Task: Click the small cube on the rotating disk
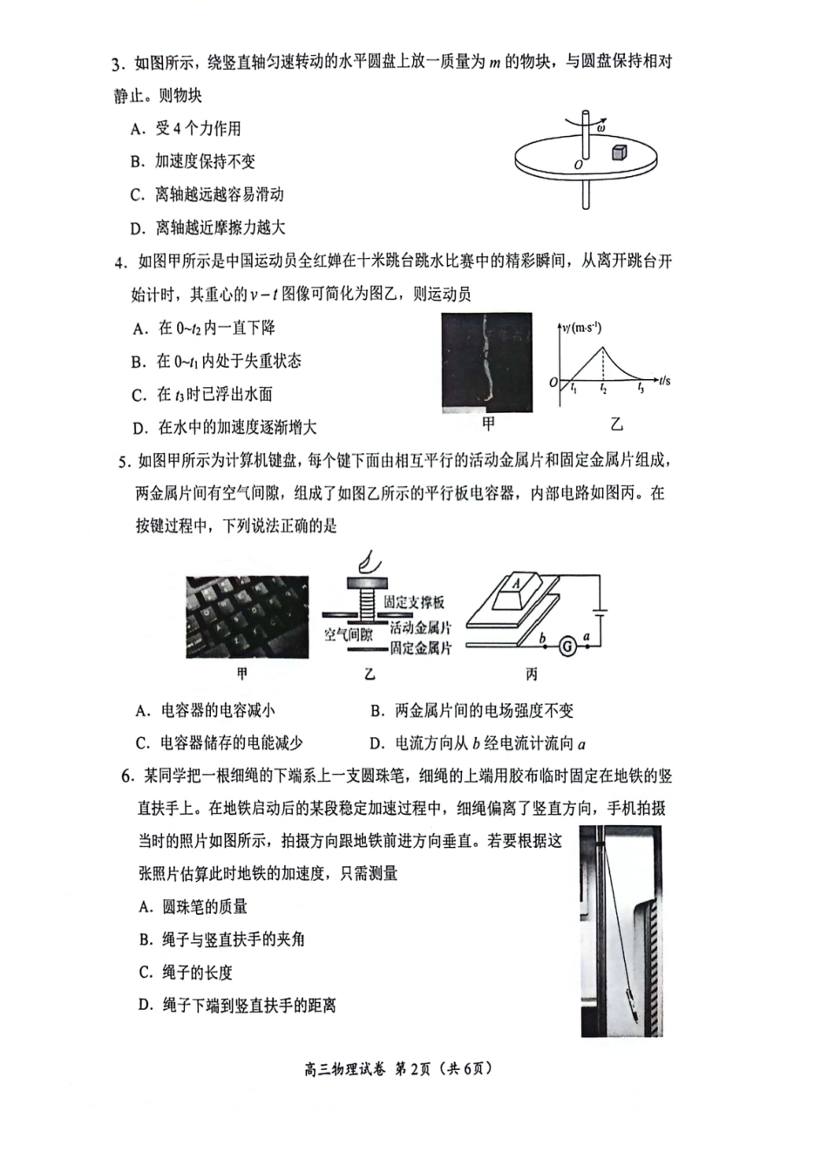[x=618, y=152]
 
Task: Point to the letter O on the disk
[x=577, y=163]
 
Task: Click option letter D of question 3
[x=136, y=228]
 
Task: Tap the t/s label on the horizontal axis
[x=664, y=381]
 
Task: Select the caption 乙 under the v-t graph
[x=617, y=424]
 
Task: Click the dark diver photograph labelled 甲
[x=486, y=362]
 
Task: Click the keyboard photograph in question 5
[x=247, y=617]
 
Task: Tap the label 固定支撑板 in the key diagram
[x=414, y=602]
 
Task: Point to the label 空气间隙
[x=349, y=634]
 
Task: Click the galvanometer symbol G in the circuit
[x=567, y=647]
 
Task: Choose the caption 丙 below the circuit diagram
[x=532, y=674]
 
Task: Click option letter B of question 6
[x=146, y=939]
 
